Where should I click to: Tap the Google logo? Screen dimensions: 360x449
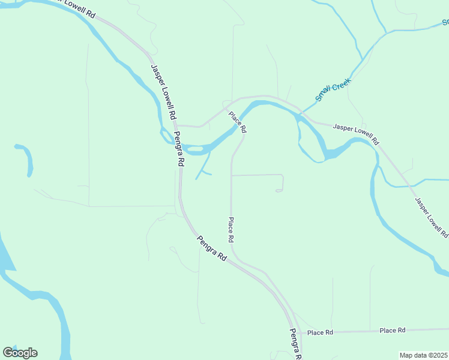(x=20, y=353)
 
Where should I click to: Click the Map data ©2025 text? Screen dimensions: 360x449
(x=424, y=355)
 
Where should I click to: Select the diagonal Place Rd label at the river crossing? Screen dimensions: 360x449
(x=237, y=121)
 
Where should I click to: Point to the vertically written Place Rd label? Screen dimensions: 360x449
(x=231, y=230)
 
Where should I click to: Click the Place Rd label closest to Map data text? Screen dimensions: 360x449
(x=393, y=330)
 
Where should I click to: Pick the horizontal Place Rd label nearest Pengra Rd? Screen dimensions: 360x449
(x=320, y=332)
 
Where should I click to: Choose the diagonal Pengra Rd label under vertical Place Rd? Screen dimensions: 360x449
(x=212, y=247)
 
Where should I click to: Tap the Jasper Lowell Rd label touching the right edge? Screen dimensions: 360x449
(x=432, y=217)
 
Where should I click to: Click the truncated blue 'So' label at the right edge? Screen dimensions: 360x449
(x=445, y=22)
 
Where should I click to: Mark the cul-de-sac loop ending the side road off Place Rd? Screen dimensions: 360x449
(x=279, y=191)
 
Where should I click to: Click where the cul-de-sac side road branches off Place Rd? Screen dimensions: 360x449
(x=231, y=175)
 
